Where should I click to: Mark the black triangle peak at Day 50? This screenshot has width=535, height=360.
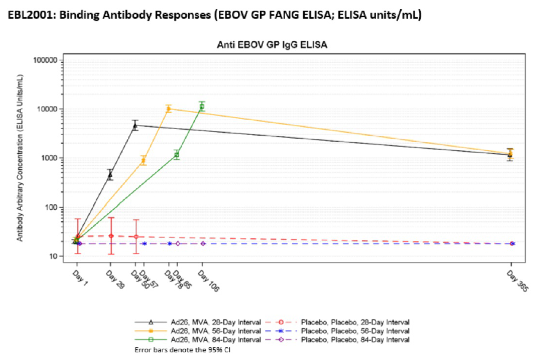[135, 126]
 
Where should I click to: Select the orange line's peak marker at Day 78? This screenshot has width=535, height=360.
[169, 109]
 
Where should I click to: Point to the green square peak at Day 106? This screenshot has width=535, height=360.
[202, 106]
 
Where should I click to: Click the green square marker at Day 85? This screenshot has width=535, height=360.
[177, 155]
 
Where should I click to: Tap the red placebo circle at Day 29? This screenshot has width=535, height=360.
[111, 236]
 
